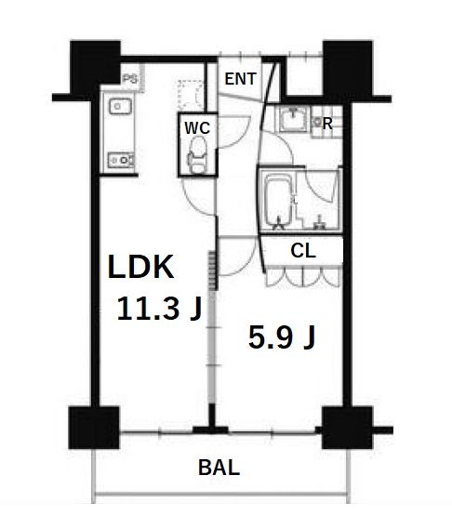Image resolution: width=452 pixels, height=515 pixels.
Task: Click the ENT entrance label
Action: pos(240,79)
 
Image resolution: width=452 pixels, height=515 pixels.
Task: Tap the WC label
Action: pos(197,127)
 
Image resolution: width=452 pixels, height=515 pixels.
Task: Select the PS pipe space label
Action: pos(130,79)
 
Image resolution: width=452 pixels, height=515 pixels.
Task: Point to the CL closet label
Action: pos(303,251)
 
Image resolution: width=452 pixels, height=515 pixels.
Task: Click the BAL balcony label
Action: pos(219,468)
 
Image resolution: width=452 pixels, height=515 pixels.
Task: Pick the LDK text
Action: pos(140,267)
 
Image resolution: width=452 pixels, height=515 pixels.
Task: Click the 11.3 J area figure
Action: pos(159,308)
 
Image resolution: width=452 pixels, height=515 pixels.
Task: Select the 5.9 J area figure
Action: pos(282,337)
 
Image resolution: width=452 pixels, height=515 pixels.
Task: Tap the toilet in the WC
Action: pos(198,154)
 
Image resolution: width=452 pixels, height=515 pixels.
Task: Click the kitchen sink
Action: pos(120,106)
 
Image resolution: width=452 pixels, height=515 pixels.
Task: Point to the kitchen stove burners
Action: pos(121,160)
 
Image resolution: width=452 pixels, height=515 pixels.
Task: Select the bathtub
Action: pos(278,201)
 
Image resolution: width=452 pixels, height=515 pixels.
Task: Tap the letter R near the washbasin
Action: pos(327,125)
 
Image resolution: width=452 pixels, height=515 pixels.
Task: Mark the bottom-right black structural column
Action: pos(347,428)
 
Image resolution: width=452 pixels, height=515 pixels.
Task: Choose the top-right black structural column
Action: pos(348,68)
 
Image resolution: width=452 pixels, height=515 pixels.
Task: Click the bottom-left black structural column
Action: pos(94,428)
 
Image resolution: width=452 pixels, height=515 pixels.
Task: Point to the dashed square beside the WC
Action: pos(190,94)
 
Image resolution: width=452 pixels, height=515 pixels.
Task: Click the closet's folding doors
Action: pos(304,276)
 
